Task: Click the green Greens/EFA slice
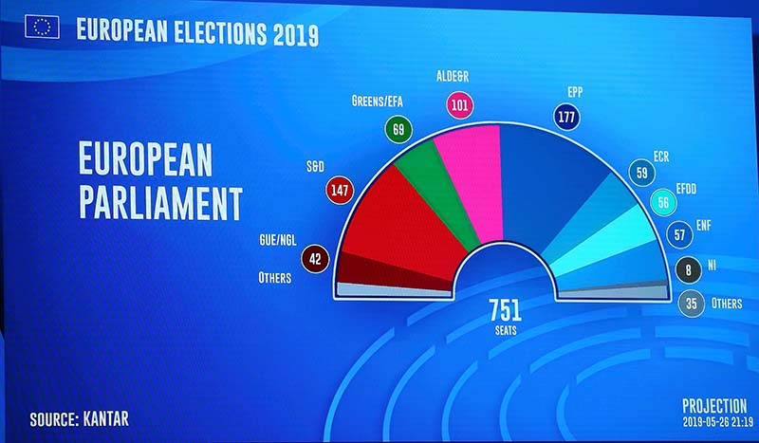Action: point(423,190)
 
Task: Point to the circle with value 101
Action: point(460,104)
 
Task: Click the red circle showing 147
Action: point(339,190)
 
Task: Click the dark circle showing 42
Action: point(315,258)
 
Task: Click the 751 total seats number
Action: point(506,309)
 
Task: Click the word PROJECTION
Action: point(713,405)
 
